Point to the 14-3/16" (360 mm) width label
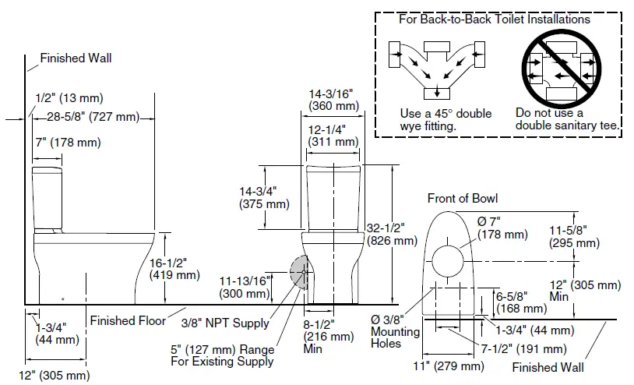click(333, 98)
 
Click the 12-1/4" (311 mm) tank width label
click(333, 136)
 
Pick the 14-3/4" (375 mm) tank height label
click(262, 197)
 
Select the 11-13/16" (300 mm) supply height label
click(244, 286)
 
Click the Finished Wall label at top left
click(76, 58)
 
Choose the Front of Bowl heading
click(462, 198)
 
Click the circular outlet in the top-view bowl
click(451, 260)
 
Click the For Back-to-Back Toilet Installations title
click(494, 19)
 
